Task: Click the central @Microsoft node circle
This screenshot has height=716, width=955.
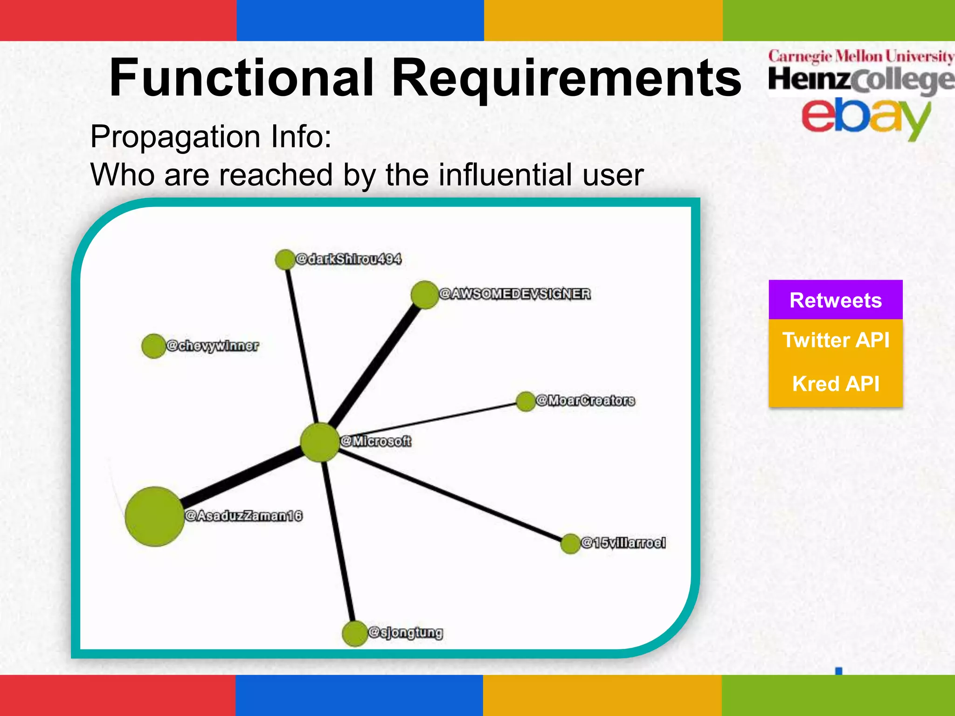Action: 320,442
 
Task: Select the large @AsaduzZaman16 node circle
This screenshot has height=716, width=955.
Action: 154,516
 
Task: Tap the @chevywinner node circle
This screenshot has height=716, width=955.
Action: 153,346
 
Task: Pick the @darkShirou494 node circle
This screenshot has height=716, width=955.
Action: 285,260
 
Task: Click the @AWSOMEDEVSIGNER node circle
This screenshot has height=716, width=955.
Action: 424,295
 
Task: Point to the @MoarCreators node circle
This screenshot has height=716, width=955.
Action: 526,401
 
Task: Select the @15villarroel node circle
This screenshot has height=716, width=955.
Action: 570,544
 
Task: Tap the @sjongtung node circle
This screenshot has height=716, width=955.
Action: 355,633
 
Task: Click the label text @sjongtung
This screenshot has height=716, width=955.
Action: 405,633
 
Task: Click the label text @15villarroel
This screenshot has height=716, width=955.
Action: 623,543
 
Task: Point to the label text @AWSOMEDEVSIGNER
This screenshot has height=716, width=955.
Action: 515,294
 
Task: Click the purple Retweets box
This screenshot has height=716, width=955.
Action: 835,300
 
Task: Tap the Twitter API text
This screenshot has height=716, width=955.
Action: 836,340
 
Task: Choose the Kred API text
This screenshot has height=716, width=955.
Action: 836,384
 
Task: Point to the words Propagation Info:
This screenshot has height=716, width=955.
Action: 211,137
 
